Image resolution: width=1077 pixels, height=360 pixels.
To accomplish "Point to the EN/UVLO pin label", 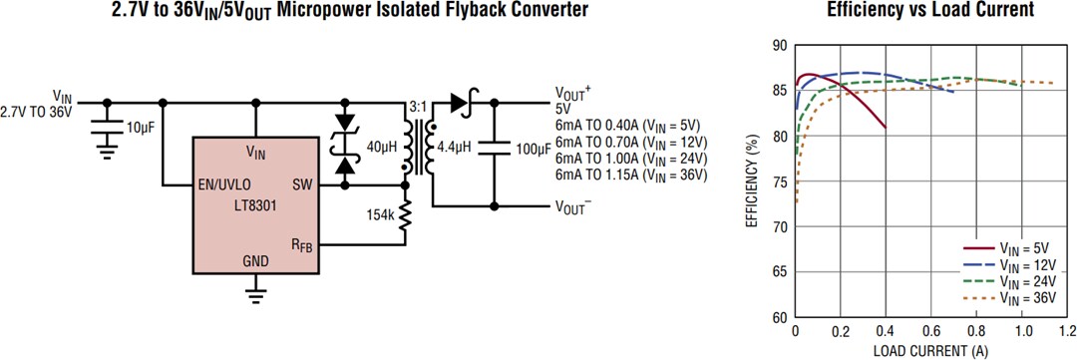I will point(224,184).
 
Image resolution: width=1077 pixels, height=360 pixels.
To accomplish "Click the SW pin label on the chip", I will point(303,184).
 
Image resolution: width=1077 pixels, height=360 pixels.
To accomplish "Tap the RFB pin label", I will point(302,244).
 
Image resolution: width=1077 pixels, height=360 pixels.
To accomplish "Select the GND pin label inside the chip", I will point(255,261).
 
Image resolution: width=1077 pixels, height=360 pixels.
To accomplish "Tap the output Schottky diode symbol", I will point(461,101).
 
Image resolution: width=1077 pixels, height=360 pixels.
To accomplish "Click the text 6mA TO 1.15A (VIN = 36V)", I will point(630,175).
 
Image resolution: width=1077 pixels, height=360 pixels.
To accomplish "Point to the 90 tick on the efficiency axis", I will point(779,46).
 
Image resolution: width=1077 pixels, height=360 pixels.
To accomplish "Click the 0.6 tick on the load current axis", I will point(929,330).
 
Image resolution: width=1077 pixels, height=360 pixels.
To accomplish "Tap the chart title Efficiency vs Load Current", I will point(929,10).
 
